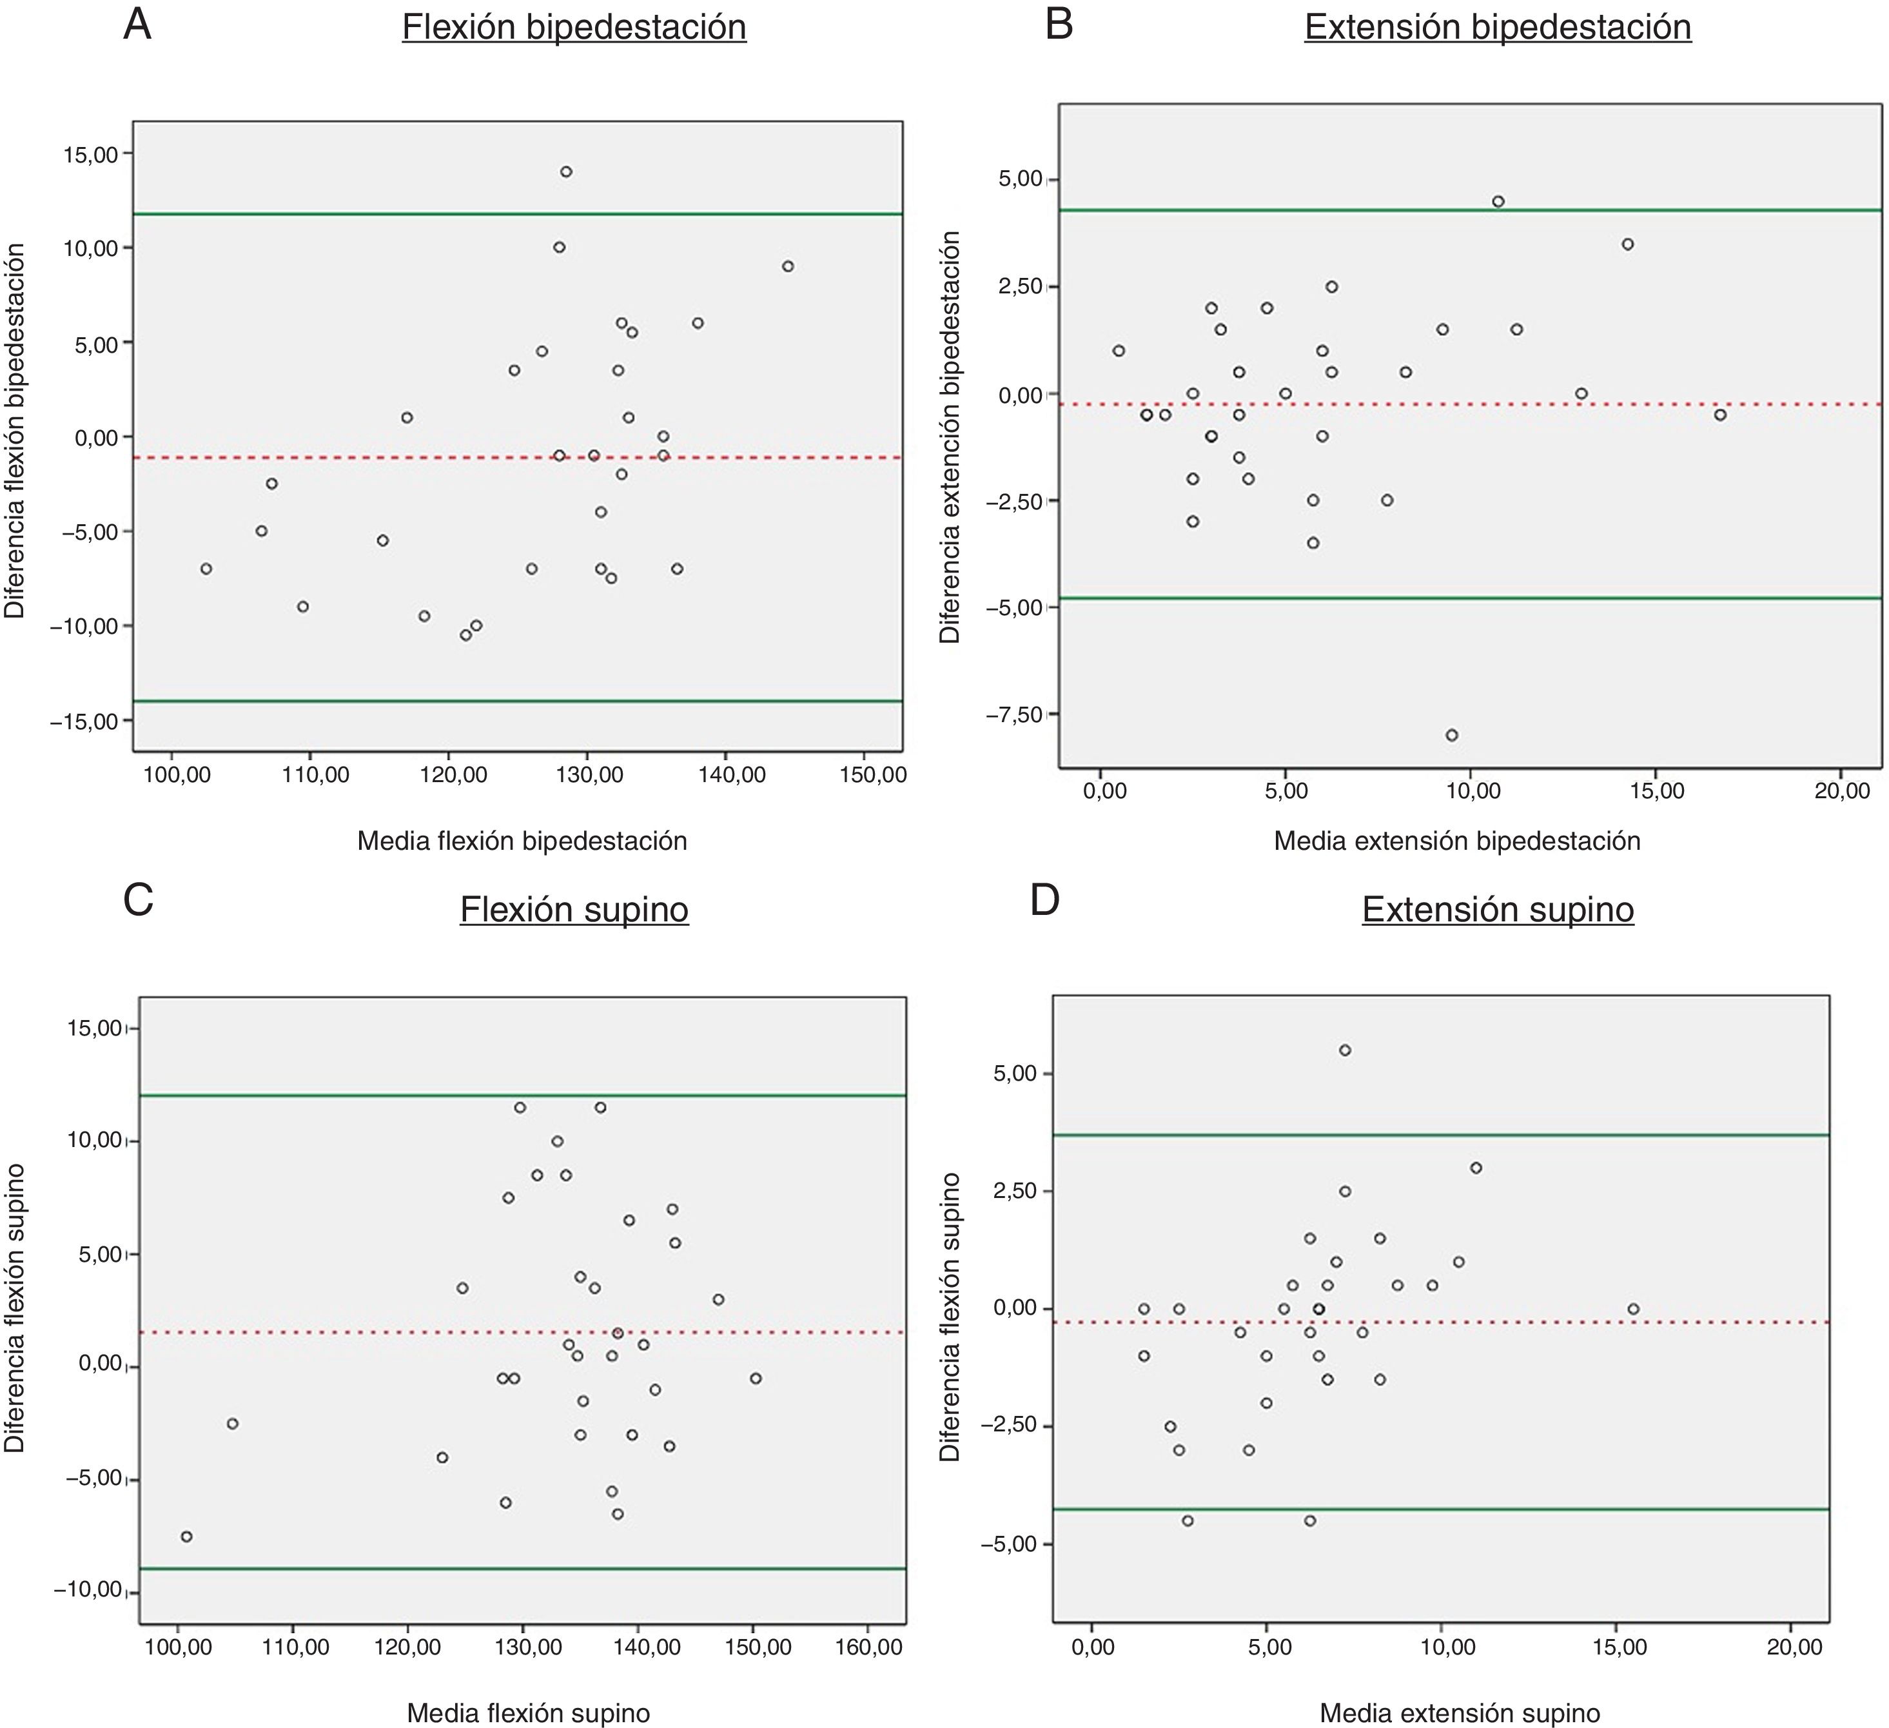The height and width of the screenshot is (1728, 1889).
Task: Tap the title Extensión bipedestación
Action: (x=1497, y=27)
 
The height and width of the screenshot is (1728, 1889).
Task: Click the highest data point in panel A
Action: (x=566, y=172)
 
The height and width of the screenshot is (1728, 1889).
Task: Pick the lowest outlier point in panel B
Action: (x=1451, y=734)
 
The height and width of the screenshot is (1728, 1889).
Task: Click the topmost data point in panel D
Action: (x=1345, y=1050)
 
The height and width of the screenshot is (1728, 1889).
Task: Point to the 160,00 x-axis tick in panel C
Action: (x=866, y=1647)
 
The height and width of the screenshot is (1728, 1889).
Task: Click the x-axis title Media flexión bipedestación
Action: (x=522, y=841)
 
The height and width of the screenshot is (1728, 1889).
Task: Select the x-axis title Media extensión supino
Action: (x=1459, y=1714)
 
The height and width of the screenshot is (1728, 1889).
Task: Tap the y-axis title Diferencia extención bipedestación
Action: (x=949, y=438)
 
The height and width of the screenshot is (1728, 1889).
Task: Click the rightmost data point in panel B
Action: (x=1719, y=414)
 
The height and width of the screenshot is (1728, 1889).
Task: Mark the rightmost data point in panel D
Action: (x=1633, y=1309)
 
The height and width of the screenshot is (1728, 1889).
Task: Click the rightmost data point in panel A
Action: (x=787, y=266)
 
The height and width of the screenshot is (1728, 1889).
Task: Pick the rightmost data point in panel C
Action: (x=755, y=1377)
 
